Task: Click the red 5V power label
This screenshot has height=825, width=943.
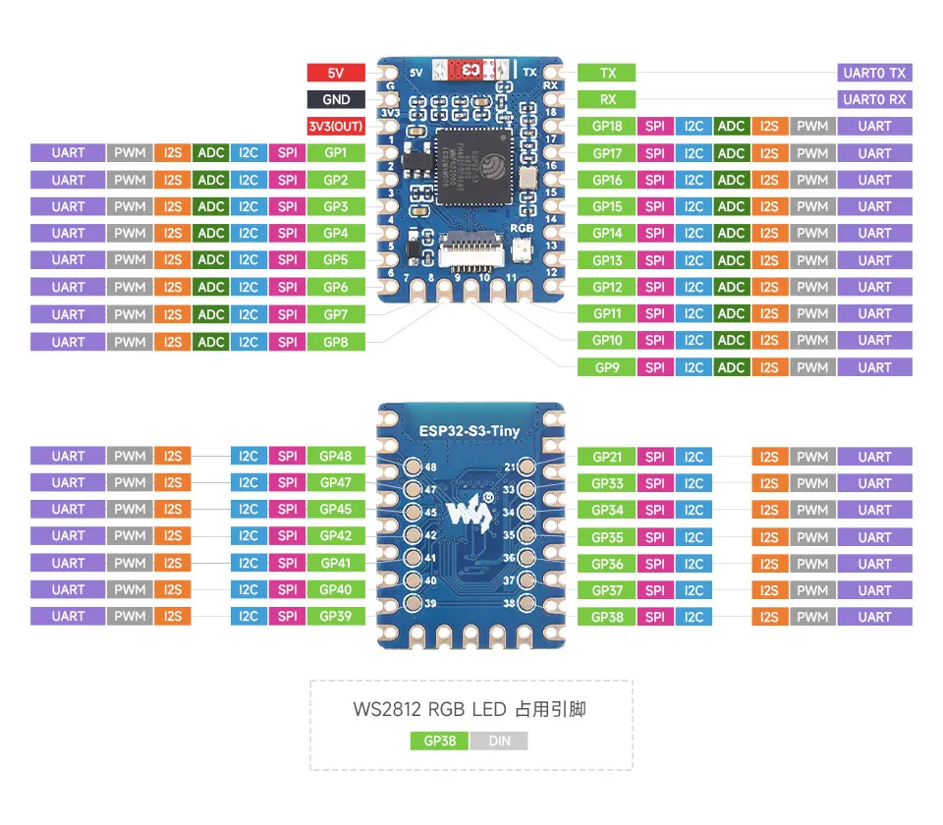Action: point(336,73)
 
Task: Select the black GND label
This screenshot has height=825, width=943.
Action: point(336,99)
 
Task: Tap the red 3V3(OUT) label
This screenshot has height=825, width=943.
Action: point(336,126)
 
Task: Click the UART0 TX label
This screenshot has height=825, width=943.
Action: point(874,73)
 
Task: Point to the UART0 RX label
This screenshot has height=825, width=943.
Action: point(874,99)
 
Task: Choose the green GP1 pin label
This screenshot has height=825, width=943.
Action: point(336,153)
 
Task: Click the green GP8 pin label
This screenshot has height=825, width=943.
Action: point(336,342)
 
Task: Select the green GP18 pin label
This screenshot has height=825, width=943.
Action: point(607,126)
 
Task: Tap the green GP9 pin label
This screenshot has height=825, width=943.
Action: point(607,367)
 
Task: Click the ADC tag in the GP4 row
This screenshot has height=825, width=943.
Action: point(211,234)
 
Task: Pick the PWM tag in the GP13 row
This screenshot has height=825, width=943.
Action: point(812,260)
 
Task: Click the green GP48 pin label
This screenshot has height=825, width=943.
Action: point(336,456)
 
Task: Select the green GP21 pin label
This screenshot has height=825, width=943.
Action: point(607,457)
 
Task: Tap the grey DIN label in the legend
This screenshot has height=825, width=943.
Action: point(499,741)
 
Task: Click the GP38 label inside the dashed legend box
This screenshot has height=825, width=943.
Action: point(439,741)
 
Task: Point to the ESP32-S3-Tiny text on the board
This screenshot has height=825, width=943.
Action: point(471,429)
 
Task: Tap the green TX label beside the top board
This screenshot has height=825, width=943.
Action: point(607,73)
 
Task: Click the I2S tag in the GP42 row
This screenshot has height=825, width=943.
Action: point(173,536)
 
